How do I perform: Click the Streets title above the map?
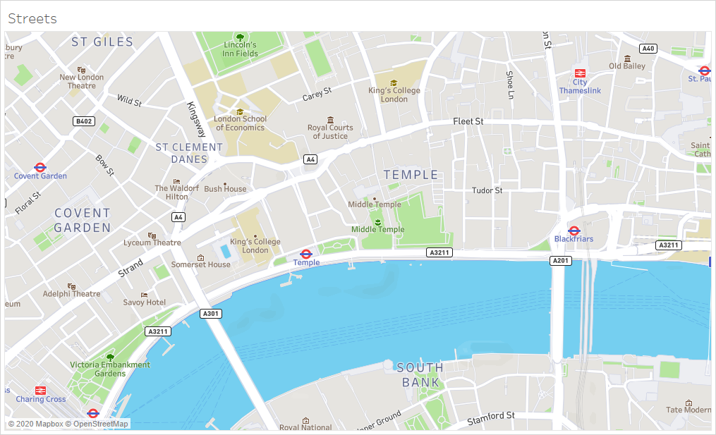[32, 19]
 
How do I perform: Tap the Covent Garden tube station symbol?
[40, 167]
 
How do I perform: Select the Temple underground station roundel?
[306, 254]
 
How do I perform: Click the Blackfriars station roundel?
[574, 231]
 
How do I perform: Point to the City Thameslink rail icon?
[580, 73]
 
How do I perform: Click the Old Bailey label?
[626, 66]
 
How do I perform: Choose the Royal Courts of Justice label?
[330, 132]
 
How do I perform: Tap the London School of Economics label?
[240, 123]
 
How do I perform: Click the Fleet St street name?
[468, 121]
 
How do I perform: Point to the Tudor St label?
[487, 190]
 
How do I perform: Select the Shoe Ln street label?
[509, 85]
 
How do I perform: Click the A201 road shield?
[560, 261]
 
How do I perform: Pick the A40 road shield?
[648, 49]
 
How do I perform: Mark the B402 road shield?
[83, 121]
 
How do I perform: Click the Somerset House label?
[201, 264]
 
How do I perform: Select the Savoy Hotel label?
[145, 302]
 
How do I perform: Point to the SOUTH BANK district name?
[420, 375]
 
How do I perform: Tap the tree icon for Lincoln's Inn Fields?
[240, 37]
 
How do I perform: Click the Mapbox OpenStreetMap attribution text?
[68, 424]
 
